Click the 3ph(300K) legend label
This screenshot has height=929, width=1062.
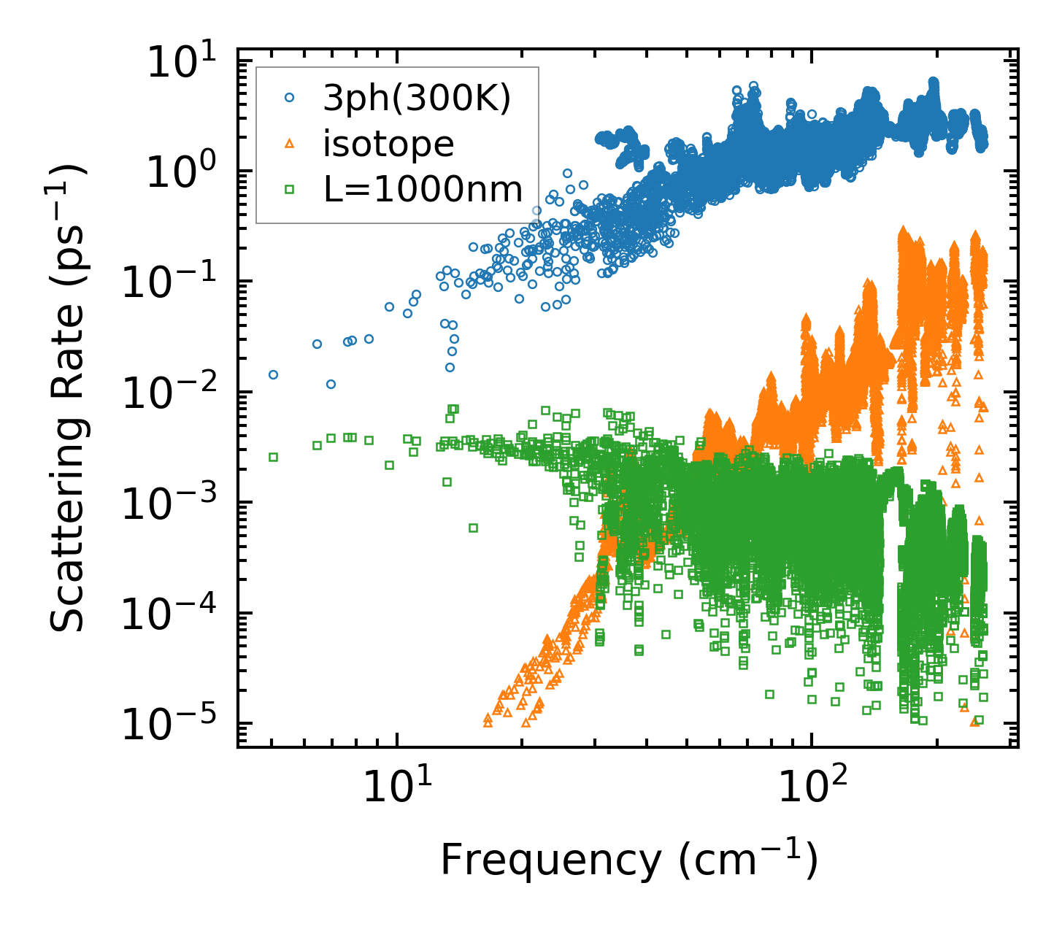(418, 100)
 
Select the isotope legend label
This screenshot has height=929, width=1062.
(389, 144)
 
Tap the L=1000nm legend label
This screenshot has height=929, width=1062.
(423, 190)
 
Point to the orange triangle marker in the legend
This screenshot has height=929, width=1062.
(289, 144)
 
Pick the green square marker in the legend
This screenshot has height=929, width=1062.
(289, 190)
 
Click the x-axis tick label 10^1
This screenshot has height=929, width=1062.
(396, 788)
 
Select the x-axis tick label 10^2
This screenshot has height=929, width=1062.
(811, 788)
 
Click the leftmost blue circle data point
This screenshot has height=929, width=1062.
(273, 374)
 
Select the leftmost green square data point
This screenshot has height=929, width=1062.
(273, 457)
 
